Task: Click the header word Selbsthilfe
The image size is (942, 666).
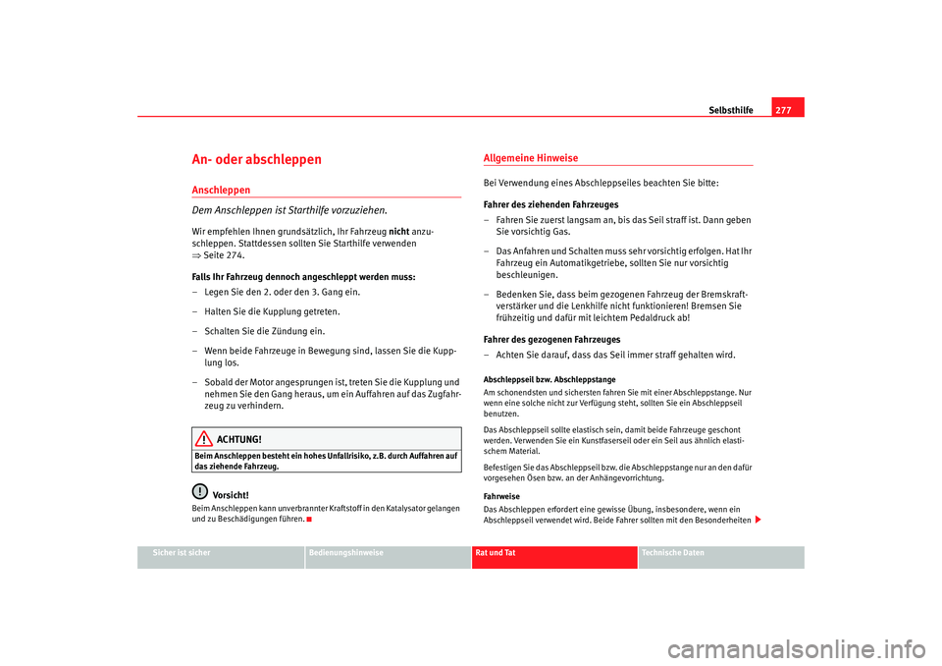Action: coord(731,110)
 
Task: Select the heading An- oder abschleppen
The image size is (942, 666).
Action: coord(257,159)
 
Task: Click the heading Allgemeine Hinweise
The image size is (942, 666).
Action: coord(531,158)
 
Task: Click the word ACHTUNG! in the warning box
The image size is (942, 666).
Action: coord(239,439)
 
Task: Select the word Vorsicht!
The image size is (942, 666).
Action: coord(231,494)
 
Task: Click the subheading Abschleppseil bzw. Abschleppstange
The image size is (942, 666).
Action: coord(549,378)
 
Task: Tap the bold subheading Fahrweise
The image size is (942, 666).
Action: coord(503,497)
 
